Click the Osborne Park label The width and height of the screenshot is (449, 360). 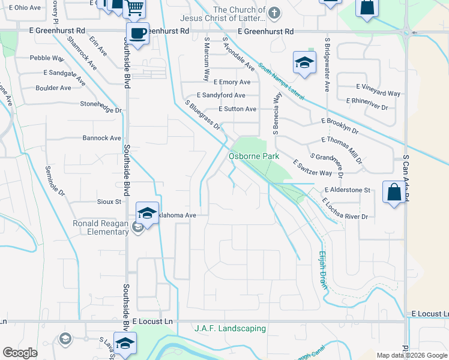[x=254, y=156]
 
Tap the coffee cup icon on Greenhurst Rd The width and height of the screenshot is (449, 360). [x=137, y=33]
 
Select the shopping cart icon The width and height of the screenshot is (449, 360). [x=134, y=8]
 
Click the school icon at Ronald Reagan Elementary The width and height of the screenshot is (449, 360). [x=146, y=212]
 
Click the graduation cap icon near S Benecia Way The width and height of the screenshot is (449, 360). [x=304, y=62]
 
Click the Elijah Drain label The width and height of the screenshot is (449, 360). [x=323, y=270]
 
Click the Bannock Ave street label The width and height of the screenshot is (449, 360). [x=101, y=138]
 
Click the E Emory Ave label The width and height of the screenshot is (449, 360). [x=231, y=82]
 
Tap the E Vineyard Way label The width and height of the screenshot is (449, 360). [x=378, y=94]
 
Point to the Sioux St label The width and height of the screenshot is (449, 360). [x=109, y=202]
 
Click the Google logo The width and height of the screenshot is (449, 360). [x=20, y=353]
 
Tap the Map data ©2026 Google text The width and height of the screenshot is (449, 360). [x=411, y=355]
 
